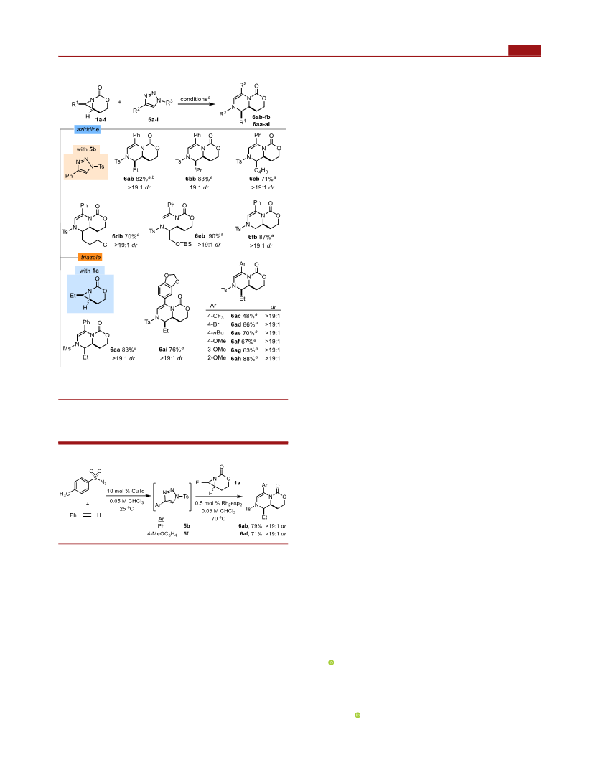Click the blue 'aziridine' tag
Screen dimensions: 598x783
point(88,129)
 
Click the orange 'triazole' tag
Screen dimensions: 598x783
point(90,257)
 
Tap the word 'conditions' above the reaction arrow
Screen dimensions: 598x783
point(193,99)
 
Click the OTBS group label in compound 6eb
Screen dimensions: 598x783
point(183,244)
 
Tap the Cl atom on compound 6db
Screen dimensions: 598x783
point(106,245)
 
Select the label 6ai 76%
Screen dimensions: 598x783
point(172,350)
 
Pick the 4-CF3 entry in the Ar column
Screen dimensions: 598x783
point(215,316)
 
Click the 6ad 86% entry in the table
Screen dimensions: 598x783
point(244,324)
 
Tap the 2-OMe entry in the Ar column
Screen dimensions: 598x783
point(216,358)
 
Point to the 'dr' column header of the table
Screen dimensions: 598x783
point(274,306)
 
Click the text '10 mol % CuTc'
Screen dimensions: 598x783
point(126,492)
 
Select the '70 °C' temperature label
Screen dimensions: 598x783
point(218,519)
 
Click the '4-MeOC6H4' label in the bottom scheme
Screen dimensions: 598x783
point(162,534)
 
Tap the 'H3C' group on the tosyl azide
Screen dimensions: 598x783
point(65,494)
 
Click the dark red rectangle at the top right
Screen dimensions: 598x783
point(524,50)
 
